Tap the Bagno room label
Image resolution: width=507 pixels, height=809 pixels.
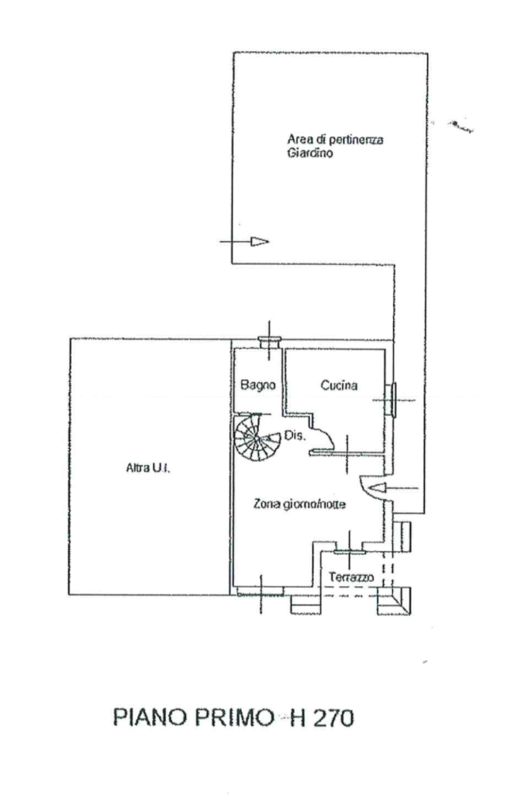tap(254, 384)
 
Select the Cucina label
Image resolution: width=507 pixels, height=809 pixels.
tap(338, 384)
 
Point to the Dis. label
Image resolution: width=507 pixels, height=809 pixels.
tap(296, 435)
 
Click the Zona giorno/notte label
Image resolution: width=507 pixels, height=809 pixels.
tap(300, 504)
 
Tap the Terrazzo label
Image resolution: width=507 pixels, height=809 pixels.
tap(351, 577)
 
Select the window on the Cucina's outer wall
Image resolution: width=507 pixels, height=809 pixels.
tap(392, 399)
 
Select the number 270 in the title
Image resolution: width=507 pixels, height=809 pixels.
tap(332, 718)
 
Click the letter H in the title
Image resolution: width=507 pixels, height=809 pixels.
tap(296, 718)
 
